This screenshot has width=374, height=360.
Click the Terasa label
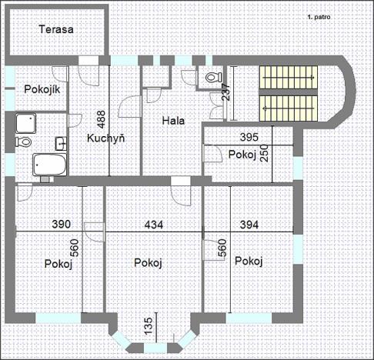57,31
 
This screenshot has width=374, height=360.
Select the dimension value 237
225,92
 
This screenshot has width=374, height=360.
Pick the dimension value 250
265,154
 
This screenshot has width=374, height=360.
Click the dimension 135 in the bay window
147,326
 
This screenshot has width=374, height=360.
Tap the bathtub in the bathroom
48,164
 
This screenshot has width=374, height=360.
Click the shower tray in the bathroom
25,122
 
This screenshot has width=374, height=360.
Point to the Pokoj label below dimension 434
147,263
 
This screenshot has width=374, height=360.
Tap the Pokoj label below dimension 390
58,264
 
